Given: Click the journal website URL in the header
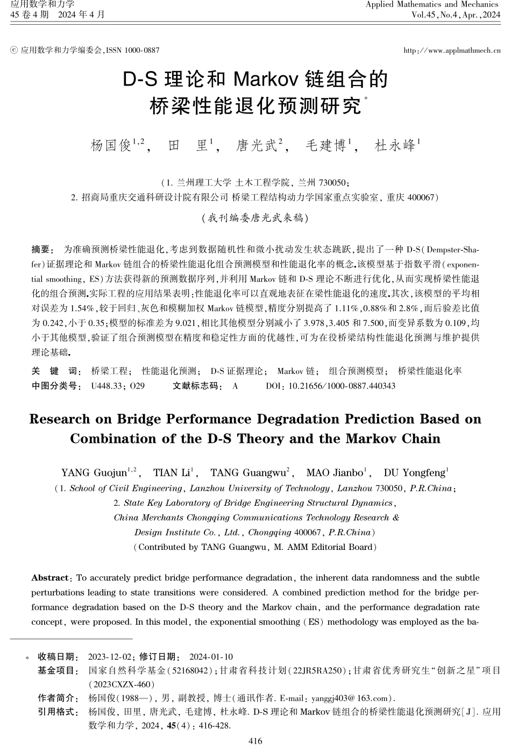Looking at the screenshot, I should (452, 51).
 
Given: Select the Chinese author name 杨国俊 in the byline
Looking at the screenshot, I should (111, 145).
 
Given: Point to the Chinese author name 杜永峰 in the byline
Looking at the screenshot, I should (395, 145).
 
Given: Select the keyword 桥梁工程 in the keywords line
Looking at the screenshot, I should (110, 371).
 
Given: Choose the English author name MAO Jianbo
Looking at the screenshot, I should (335, 473).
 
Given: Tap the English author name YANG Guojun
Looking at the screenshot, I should (94, 473).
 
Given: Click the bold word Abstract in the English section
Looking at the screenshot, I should (50, 578).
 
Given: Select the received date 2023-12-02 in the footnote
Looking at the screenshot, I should (110, 657).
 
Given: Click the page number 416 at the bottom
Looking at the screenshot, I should (256, 741).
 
